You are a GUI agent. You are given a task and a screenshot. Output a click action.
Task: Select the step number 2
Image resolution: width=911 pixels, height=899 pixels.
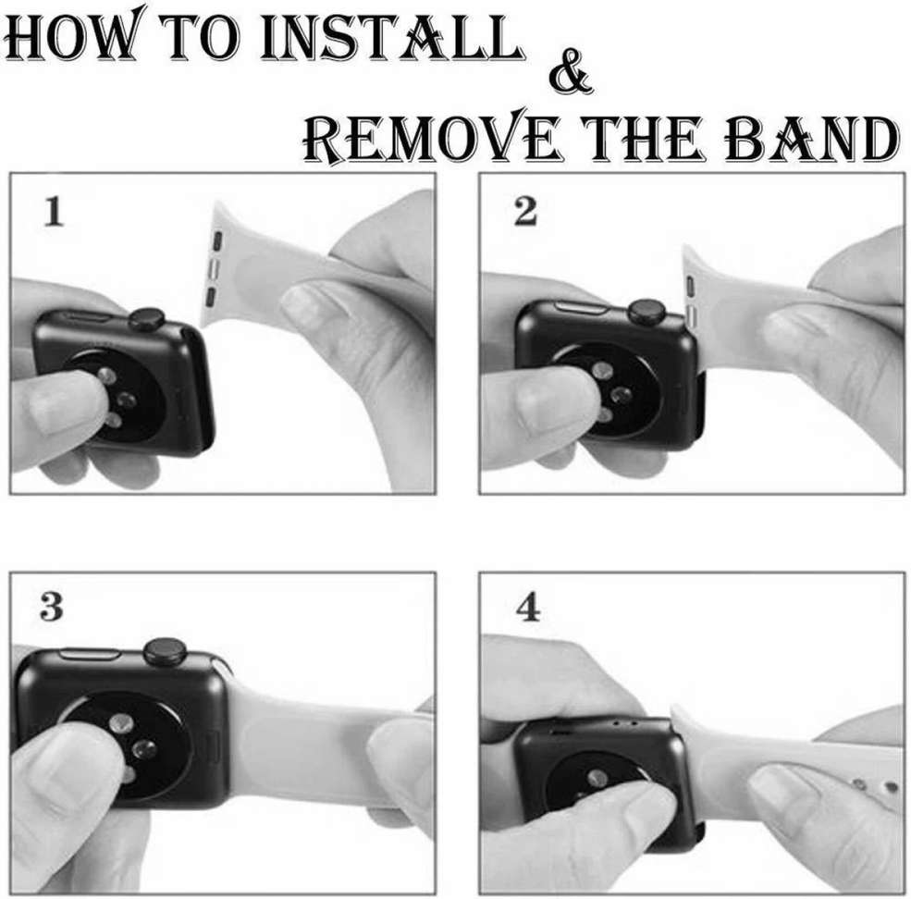524,213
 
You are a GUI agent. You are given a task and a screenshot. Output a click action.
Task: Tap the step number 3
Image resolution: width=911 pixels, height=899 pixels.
53,608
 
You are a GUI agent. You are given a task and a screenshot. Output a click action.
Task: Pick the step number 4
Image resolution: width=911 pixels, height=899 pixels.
527,610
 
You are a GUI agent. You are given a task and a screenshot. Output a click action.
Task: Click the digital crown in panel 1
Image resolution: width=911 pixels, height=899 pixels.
146,320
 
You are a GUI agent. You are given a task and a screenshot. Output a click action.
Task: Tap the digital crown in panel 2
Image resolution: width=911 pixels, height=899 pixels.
645,312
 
